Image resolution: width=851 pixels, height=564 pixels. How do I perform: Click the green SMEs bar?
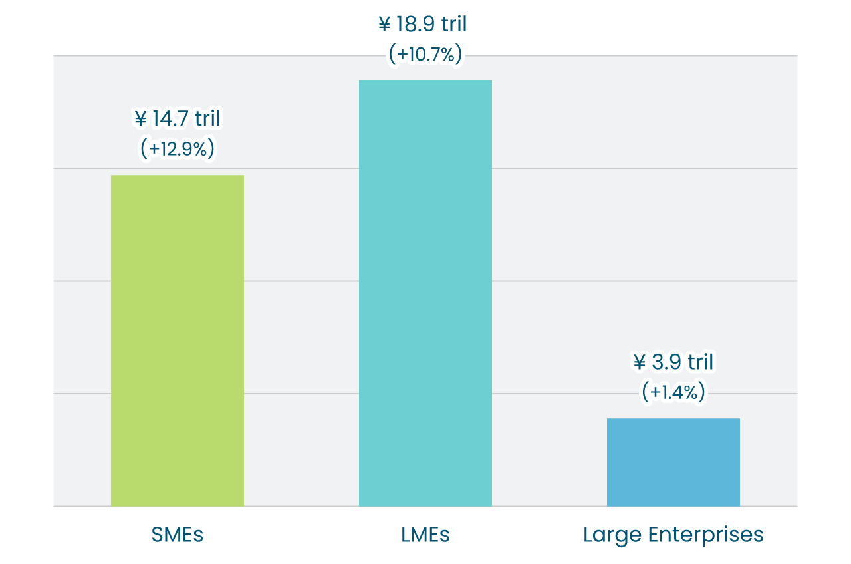pyautogui.click(x=178, y=341)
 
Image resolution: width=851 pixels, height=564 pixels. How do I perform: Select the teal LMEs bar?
pyautogui.click(x=425, y=293)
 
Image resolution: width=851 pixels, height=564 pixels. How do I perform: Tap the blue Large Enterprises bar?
pyautogui.click(x=673, y=462)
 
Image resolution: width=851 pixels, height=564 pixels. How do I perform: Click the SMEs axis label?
pyautogui.click(x=178, y=535)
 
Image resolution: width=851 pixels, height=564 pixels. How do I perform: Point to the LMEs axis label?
pyautogui.click(x=425, y=535)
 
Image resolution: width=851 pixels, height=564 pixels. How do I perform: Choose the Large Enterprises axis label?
pyautogui.click(x=673, y=535)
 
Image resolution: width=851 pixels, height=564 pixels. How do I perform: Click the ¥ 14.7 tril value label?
pyautogui.click(x=178, y=119)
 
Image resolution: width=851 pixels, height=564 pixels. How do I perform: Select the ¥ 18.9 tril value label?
pyautogui.click(x=423, y=25)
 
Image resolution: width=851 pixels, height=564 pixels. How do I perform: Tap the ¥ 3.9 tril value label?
pyautogui.click(x=673, y=362)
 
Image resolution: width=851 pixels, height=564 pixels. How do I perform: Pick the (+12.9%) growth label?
pyautogui.click(x=178, y=149)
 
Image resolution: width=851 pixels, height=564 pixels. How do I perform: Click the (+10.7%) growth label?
pyautogui.click(x=425, y=55)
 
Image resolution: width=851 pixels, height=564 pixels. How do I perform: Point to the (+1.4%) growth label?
pyautogui.click(x=673, y=392)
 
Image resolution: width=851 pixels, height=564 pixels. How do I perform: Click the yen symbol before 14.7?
pyautogui.click(x=140, y=119)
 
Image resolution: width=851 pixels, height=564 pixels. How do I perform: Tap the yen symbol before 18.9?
pyautogui.click(x=384, y=25)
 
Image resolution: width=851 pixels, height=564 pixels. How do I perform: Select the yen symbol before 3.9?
pyautogui.click(x=640, y=362)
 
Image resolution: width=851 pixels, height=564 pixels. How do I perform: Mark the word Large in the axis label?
pyautogui.click(x=611, y=535)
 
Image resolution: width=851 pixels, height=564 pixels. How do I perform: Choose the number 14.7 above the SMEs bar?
pyautogui.click(x=170, y=119)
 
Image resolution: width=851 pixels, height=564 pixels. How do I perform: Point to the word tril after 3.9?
pyautogui.click(x=700, y=362)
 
